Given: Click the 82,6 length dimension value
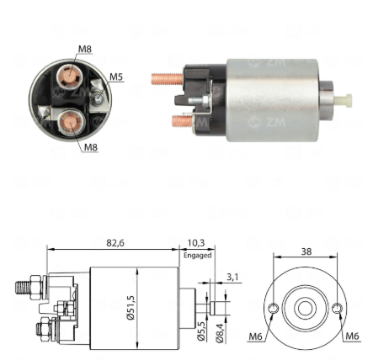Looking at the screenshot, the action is point(115,243).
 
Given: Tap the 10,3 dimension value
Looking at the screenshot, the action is point(196,243).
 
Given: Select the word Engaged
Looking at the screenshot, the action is point(197,256).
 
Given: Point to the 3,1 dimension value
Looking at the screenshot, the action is point(232,277).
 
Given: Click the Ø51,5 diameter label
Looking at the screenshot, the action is point(131,308).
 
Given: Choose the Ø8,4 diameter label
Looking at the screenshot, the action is point(220,333).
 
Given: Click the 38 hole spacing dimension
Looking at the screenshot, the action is point(306,251).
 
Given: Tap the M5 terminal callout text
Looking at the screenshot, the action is point(116,77).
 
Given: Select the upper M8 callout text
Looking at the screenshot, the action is point(85,49).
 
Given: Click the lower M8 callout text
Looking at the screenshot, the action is point(91,147).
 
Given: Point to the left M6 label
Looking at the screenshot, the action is point(255,336).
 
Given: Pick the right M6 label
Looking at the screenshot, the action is point(352,336).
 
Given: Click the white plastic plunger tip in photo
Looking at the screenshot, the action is point(343,101).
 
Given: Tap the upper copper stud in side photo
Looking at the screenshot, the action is point(168,79).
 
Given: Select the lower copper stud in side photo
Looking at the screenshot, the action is point(183,121).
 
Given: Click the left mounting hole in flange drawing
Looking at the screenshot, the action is point(273,309).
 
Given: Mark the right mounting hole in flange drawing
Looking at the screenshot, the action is point(337,309).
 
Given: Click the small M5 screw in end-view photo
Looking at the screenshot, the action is point(98,98).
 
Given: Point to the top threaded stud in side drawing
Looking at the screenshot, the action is point(23,288).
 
